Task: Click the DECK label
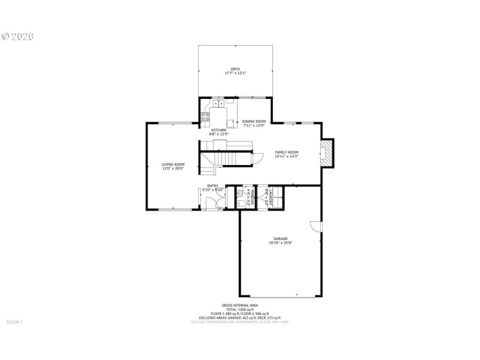235,69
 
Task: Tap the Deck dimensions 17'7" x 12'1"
235,73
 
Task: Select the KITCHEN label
218,130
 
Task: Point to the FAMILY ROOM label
286,152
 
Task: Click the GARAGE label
280,238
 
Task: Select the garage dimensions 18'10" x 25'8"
280,243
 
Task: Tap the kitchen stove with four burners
205,116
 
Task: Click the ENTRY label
212,186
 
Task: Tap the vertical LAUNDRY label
272,198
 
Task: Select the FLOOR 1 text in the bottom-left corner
14,322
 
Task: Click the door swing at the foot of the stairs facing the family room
258,159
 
